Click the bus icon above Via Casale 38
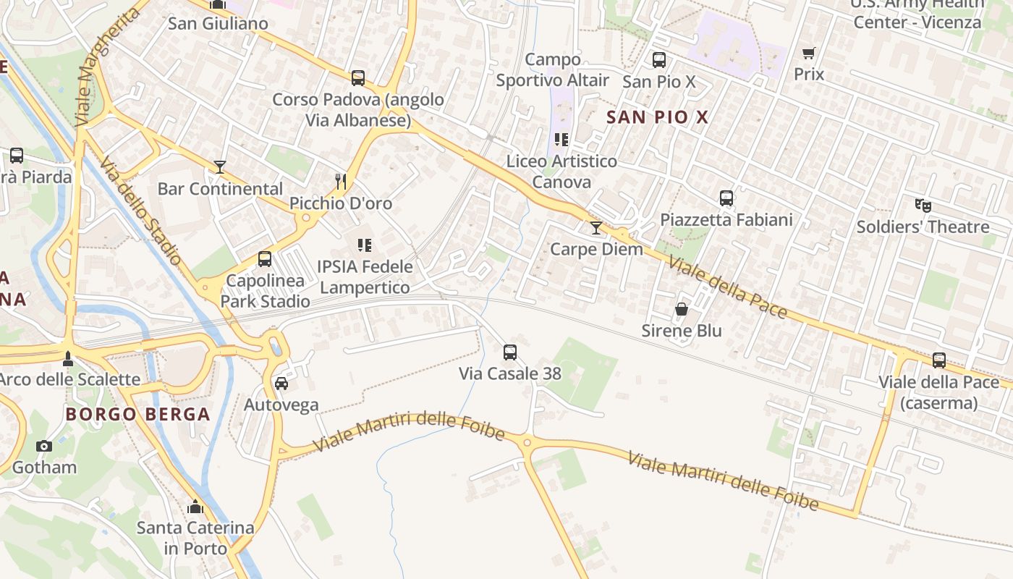coord(510,352)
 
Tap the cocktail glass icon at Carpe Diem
coord(595,229)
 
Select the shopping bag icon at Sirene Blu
coord(682,310)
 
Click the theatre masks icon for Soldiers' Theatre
coord(923,206)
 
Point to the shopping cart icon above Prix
coord(808,53)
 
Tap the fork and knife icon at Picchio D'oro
coord(341,181)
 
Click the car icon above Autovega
coord(281,384)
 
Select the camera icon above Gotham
coord(44,446)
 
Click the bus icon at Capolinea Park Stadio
coord(265,258)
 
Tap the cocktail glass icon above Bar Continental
coord(220,167)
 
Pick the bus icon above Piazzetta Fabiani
coord(726,198)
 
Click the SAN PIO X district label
coord(657,117)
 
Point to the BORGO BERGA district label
coord(137,415)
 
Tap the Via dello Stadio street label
coord(141,211)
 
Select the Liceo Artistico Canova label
coord(561,172)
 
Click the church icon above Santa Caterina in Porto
coord(195,507)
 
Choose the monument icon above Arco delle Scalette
coord(68,358)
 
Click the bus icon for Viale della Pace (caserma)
coord(939,360)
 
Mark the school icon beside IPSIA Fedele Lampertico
coord(365,245)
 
